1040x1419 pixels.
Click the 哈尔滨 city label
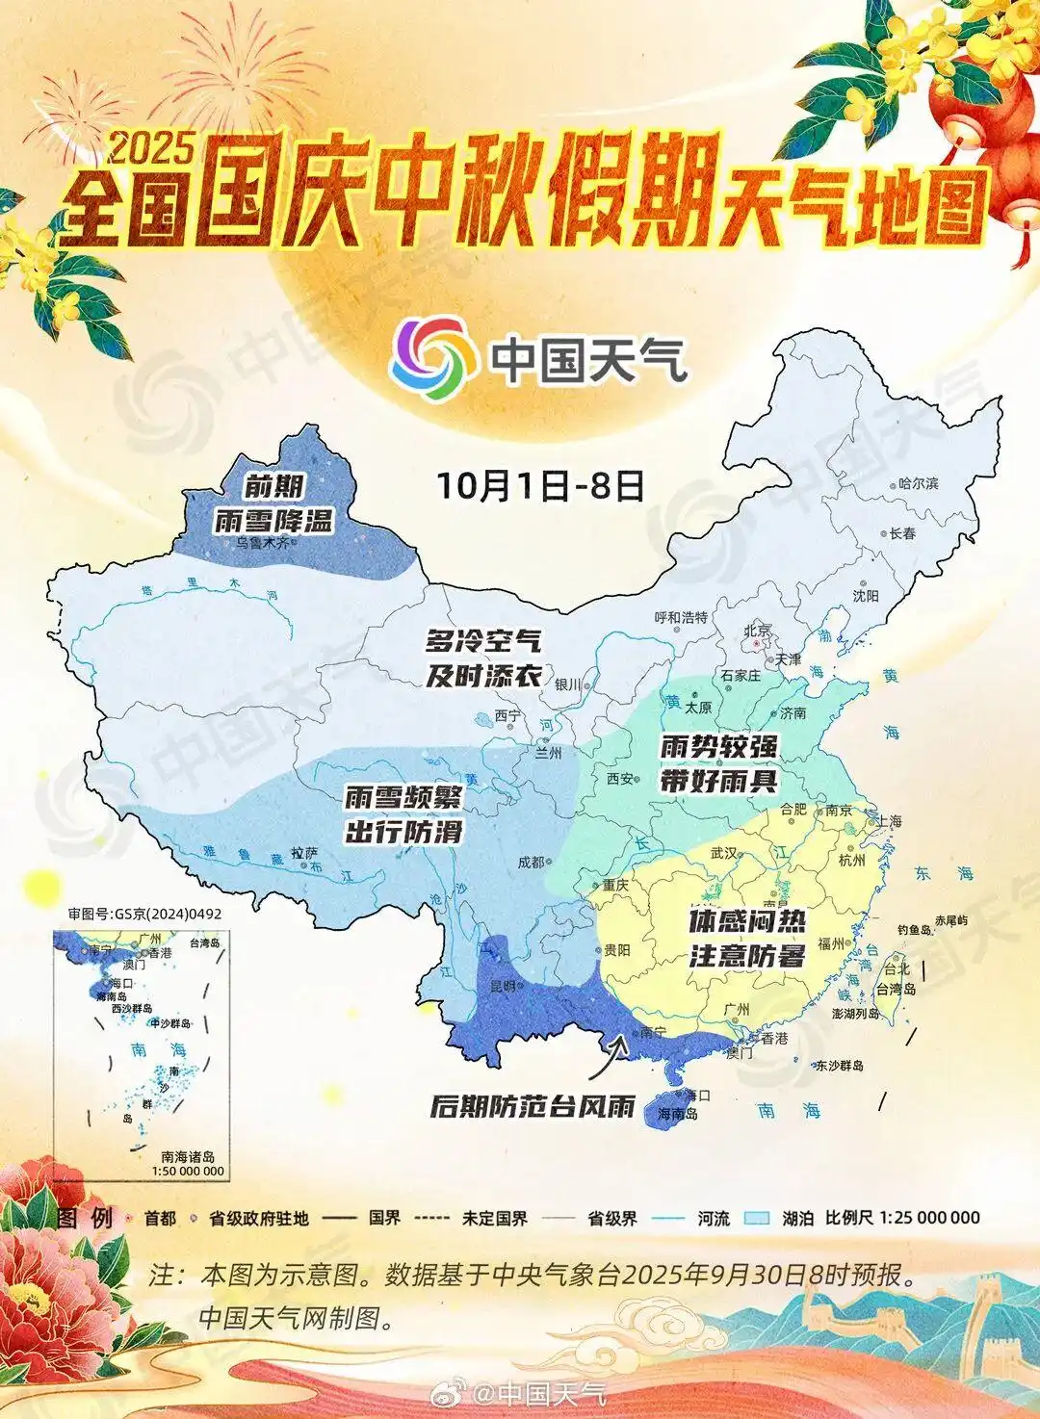[x=918, y=483]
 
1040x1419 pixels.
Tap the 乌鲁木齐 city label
[x=263, y=543]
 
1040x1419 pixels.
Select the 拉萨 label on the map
[x=304, y=853]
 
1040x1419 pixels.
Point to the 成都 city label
[x=531, y=863]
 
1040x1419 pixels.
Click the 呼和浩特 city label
[x=681, y=617]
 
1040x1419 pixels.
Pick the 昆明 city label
[x=504, y=986]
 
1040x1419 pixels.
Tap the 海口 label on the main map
[x=696, y=1095]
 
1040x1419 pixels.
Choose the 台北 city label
[x=897, y=968]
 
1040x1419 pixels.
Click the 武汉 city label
[x=723, y=853]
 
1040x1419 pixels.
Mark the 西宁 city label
[x=507, y=715]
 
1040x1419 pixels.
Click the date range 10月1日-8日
[x=540, y=485]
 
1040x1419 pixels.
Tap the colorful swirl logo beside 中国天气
[x=432, y=357]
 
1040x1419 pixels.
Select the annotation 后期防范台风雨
[x=533, y=1106]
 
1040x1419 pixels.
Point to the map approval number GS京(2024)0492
[x=144, y=914]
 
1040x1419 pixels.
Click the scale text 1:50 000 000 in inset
[x=188, y=1172]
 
